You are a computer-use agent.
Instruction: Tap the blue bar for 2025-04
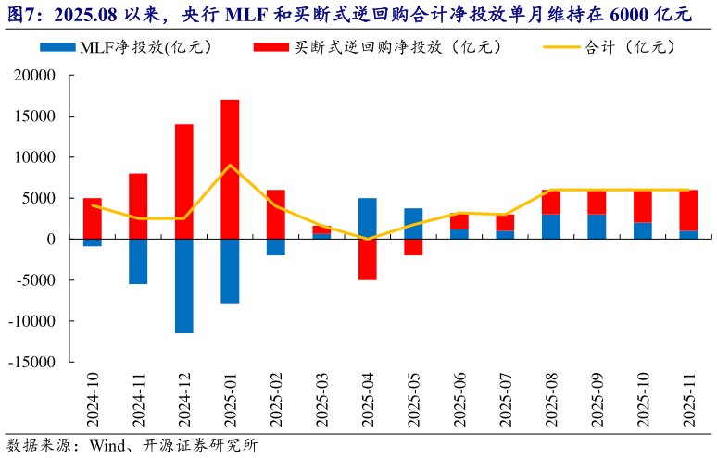click(x=367, y=218)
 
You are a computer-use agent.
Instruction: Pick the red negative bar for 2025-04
click(x=367, y=259)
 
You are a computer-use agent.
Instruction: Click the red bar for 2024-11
click(x=138, y=205)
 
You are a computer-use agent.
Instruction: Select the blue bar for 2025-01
click(x=230, y=271)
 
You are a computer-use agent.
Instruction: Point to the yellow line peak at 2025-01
click(x=230, y=166)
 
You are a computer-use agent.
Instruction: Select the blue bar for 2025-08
click(x=550, y=227)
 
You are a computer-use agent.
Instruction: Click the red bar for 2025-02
click(x=276, y=214)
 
